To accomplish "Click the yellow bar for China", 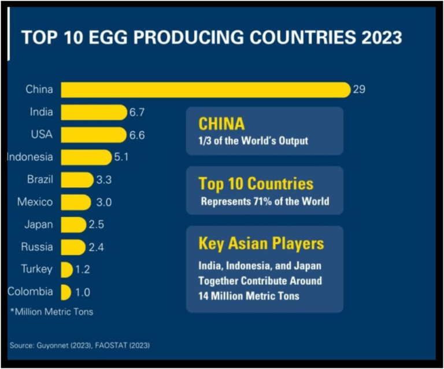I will [205, 90].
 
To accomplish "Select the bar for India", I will [93, 112].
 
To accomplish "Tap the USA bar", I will [93, 135].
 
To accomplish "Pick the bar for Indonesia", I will [86, 157].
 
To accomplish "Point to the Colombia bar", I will [65, 292].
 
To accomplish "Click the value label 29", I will [358, 90].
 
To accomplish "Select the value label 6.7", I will [137, 112].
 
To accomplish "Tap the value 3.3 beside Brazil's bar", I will [103, 180].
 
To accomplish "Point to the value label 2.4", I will [95, 247].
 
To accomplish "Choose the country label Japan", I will [38, 224].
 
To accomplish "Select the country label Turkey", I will [36, 269].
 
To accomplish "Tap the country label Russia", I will [37, 247].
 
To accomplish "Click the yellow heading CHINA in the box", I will [221, 124].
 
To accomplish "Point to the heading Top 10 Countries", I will [256, 184].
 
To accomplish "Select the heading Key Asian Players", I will [261, 243].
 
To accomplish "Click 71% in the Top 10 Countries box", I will [267, 201].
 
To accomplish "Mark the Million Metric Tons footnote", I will [51, 312].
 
